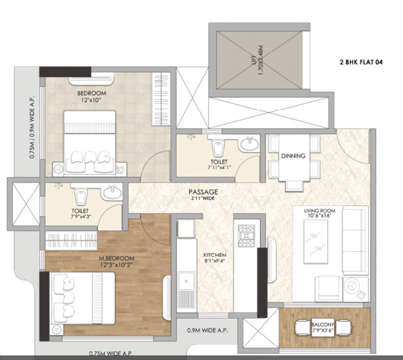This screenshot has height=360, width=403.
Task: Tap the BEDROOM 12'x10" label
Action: (92, 97)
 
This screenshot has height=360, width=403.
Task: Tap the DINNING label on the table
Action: (292, 155)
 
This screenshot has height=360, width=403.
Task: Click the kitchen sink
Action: (185, 287)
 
